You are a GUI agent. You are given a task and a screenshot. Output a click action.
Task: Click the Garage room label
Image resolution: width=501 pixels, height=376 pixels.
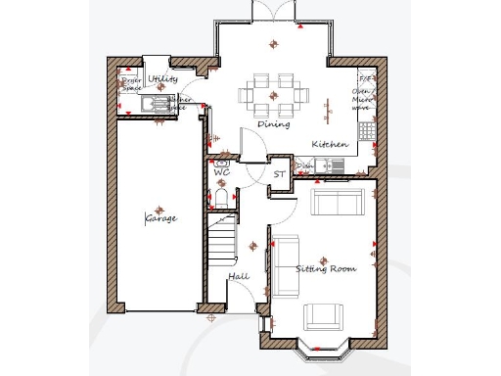[161, 218]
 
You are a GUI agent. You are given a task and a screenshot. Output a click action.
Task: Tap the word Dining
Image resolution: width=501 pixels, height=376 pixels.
[273, 125]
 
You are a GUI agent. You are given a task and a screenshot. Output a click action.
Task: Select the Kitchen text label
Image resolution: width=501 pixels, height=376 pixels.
[330, 145]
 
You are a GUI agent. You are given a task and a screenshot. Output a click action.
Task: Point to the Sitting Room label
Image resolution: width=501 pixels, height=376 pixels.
[327, 268]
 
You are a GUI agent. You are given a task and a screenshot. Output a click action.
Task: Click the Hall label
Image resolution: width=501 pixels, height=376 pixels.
[239, 277]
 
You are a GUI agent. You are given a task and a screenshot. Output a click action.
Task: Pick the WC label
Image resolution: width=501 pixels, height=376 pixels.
[221, 172]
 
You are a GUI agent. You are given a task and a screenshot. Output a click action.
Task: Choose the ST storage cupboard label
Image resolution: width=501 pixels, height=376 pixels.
[279, 174]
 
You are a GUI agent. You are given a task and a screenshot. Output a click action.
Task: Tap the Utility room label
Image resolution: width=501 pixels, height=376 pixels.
[163, 78]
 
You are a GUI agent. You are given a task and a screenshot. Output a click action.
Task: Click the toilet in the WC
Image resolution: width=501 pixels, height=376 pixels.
[221, 200]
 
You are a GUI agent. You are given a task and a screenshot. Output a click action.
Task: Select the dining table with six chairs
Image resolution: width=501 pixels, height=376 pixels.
[273, 94]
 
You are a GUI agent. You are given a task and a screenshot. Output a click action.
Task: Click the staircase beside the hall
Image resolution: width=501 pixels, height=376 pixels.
[224, 239]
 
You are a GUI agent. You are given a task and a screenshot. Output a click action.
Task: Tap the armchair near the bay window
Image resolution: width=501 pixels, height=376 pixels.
[324, 315]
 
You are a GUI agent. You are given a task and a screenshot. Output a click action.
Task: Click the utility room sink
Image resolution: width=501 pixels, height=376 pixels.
[154, 103]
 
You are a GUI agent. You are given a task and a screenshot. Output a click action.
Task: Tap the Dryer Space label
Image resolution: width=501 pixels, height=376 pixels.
[131, 84]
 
